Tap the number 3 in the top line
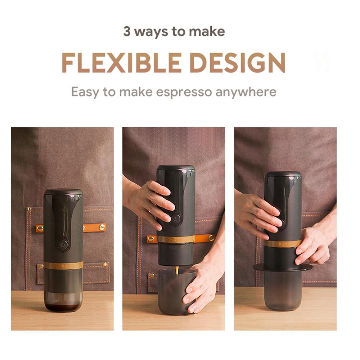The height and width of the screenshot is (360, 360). tap(127, 32)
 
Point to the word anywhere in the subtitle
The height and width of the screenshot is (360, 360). tap(246, 92)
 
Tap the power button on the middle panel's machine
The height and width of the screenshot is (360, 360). tap(176, 219)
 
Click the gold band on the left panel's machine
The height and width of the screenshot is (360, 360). tap(63, 265)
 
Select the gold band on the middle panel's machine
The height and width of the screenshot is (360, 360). tap(176, 239)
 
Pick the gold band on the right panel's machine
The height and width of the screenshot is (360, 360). tap(283, 244)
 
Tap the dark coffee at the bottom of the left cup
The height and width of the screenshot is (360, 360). tap(63, 307)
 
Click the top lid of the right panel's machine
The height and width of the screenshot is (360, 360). tap(283, 174)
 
